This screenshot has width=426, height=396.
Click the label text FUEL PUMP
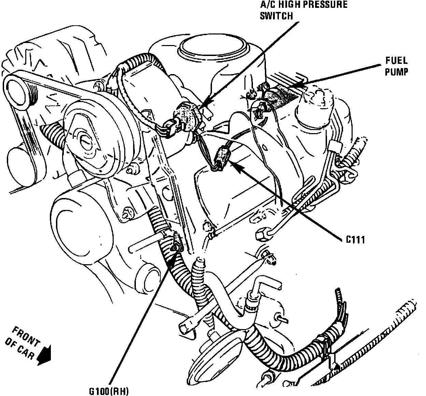pos(396,66)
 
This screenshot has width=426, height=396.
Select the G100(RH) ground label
pos(109,391)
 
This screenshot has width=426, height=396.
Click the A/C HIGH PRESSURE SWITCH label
pos(303,10)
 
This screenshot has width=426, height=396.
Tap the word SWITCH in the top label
pos(276,16)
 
